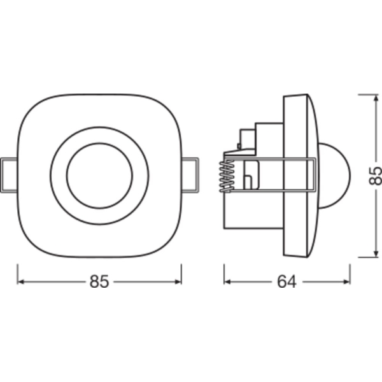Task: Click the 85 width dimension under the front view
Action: [x=99, y=281]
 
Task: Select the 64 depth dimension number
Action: [x=287, y=281]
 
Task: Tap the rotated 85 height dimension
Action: [x=375, y=176]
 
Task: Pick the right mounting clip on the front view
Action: [x=190, y=175]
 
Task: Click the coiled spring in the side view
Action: [x=227, y=176]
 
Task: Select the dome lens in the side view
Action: [x=335, y=176]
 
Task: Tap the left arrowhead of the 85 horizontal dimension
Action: [x=21, y=282]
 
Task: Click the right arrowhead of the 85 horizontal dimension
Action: [x=178, y=282]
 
